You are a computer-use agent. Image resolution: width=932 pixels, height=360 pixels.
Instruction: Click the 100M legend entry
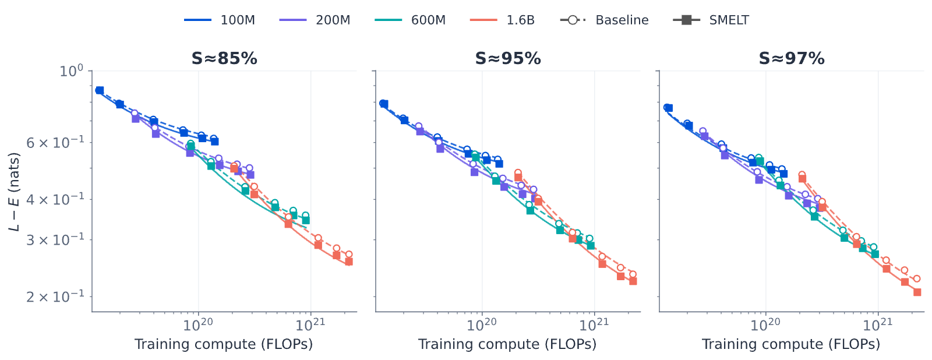pos(219,20)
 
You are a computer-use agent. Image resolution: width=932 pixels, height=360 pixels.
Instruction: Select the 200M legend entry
pos(315,20)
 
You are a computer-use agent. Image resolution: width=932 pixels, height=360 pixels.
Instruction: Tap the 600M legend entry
pos(410,20)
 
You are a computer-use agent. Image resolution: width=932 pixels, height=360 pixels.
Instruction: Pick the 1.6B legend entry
pos(502,20)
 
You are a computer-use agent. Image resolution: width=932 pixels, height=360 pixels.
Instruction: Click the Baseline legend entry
pos(604,20)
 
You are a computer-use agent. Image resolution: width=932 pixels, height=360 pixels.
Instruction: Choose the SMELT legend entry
pos(711,20)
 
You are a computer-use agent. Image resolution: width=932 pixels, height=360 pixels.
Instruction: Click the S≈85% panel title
pos(224,59)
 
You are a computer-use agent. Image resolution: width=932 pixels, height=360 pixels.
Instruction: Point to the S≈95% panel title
pos(508,59)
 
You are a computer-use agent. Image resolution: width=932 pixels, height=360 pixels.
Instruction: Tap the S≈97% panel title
pos(792,59)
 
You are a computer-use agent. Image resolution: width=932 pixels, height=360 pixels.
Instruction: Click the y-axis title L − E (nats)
pos(14,192)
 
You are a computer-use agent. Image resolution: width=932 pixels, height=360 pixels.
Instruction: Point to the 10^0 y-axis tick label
pos(72,70)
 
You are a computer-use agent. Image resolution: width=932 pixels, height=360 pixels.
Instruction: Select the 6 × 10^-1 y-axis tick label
pos(55,142)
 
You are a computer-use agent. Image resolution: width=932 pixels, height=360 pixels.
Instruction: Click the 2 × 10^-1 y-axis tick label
pos(55,297)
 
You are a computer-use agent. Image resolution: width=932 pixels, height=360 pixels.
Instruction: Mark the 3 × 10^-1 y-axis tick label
pos(55,239)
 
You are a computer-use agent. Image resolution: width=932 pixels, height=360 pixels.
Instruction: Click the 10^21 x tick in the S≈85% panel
pos(310,324)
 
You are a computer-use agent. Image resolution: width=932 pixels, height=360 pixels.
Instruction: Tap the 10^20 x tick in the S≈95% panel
pos(482,324)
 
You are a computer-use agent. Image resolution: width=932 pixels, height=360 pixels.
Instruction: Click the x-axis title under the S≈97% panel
pos(791,344)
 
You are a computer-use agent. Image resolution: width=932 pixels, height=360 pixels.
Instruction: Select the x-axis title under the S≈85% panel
pos(224,344)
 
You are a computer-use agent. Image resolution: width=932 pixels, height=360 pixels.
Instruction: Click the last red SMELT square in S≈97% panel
pos(917,292)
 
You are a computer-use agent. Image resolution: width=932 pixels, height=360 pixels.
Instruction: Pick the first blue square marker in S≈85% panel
pos(100,90)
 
